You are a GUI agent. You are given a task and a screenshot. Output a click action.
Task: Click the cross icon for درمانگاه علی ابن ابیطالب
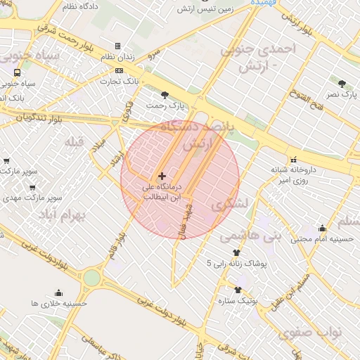click(162, 175)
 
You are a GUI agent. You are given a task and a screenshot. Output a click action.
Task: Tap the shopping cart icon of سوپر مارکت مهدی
click(32, 188)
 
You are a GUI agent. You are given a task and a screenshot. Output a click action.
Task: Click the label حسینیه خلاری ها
click(58, 303)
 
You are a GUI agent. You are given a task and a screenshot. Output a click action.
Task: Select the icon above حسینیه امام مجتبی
click(322, 228)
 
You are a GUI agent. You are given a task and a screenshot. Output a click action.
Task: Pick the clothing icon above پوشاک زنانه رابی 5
click(236, 252)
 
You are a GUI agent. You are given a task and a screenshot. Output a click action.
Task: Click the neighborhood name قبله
click(74, 142)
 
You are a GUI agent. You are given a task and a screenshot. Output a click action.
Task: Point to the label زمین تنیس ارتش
click(204, 8)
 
